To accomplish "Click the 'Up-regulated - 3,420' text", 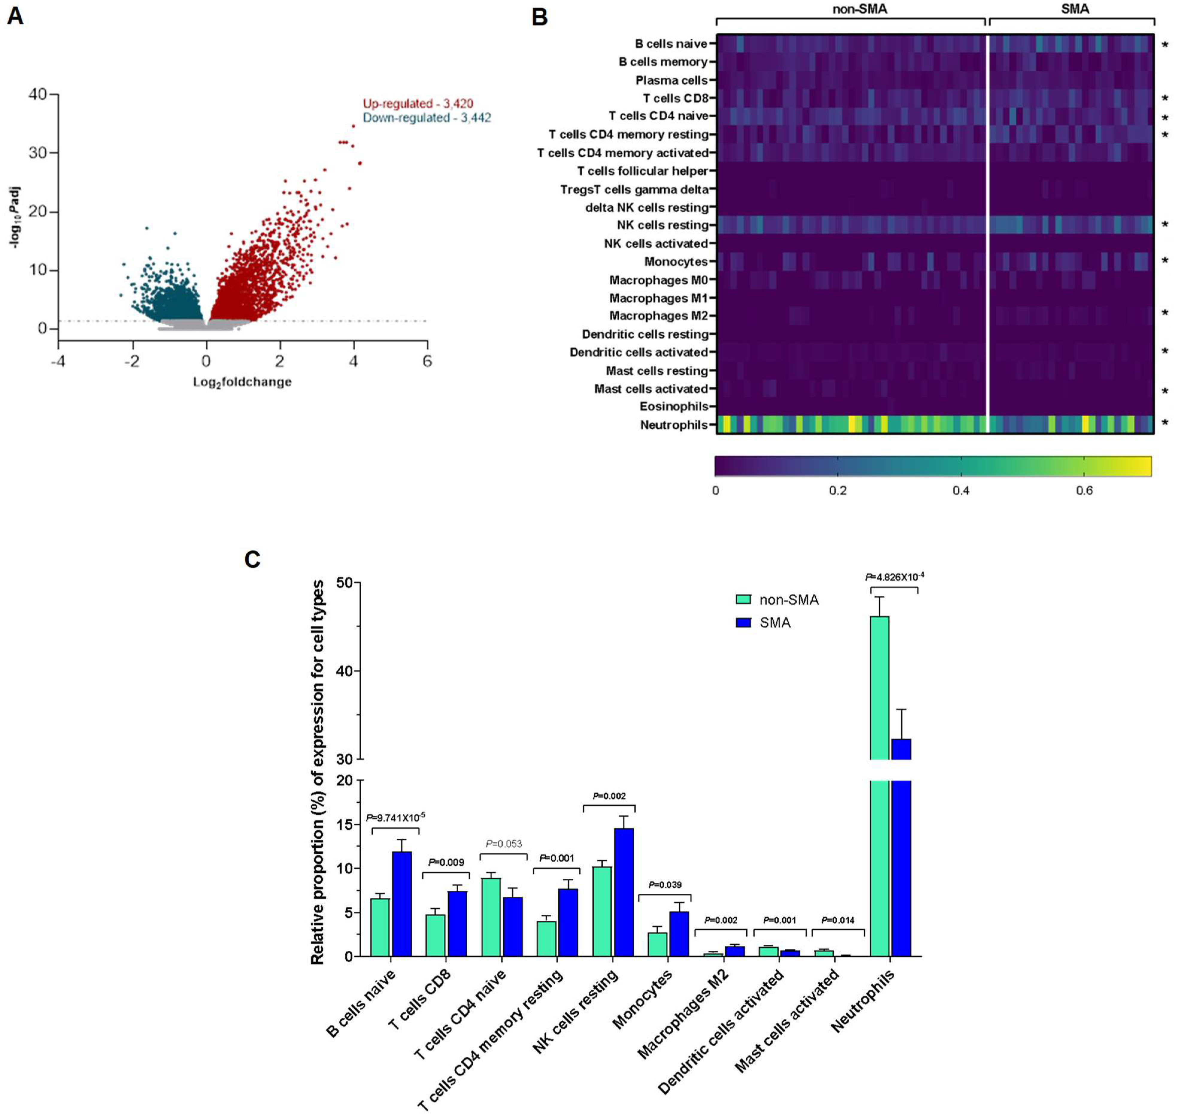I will click(418, 104).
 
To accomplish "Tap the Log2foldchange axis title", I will click(242, 382).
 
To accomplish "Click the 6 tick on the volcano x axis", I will click(427, 361).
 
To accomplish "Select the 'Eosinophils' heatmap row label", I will click(674, 406).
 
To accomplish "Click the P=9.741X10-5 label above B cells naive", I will click(395, 817).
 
